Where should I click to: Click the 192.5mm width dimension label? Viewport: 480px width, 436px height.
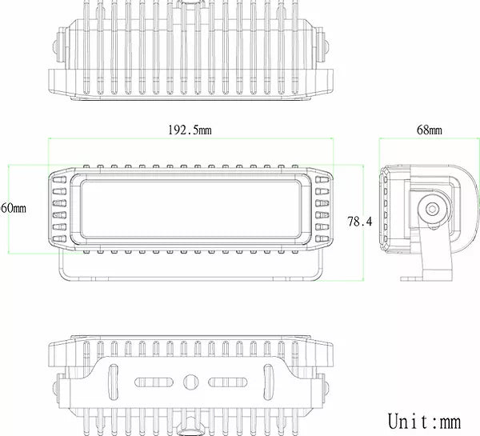point(190,130)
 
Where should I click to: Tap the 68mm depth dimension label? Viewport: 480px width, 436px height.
point(430,130)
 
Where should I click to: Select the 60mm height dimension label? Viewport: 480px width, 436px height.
point(13,208)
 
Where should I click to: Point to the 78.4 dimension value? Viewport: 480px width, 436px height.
point(360,222)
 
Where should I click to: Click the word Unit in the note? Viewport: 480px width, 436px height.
point(413,421)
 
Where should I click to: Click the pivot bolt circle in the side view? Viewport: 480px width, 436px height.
point(432,209)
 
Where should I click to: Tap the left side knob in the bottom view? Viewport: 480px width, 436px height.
point(57,387)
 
